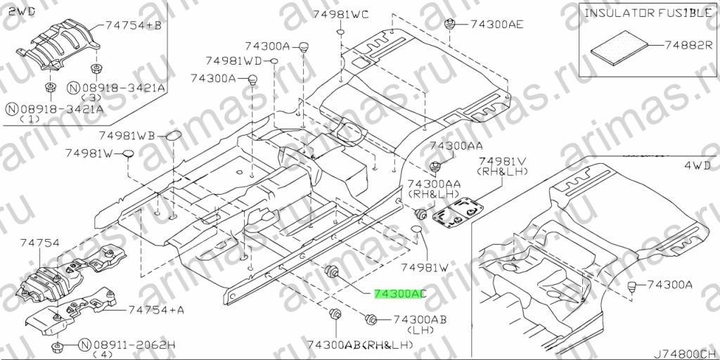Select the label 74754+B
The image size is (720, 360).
coord(133,26)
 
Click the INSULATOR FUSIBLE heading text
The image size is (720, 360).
coord(647,13)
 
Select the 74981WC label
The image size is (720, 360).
coord(341,14)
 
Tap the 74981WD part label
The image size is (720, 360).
coord(233,60)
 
